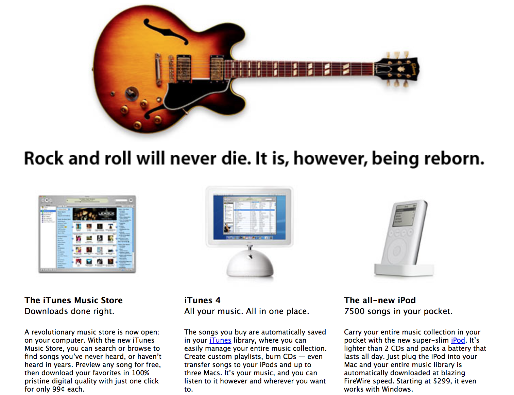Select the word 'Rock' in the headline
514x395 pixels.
click(x=44, y=158)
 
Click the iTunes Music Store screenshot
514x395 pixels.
click(x=87, y=234)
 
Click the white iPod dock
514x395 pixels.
click(x=404, y=270)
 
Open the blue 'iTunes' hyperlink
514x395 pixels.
click(x=220, y=340)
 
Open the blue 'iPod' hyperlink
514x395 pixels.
click(x=458, y=340)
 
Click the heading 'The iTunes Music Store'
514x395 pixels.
click(x=73, y=300)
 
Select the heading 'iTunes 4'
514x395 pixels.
click(x=202, y=300)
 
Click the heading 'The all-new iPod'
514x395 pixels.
click(x=380, y=300)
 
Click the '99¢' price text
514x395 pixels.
click(x=58, y=389)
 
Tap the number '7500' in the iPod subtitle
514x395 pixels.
click(x=354, y=311)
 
